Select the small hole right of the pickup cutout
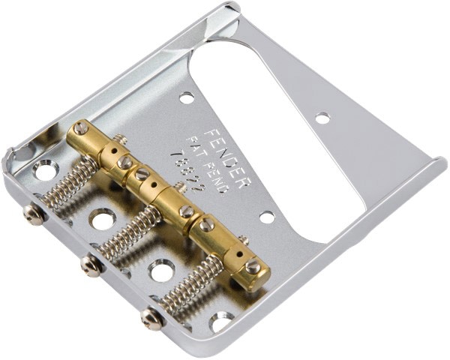point(322,117)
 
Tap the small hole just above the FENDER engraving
point(186,97)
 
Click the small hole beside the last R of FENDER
point(267,217)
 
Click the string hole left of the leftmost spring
point(45,171)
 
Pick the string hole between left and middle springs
point(100,220)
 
